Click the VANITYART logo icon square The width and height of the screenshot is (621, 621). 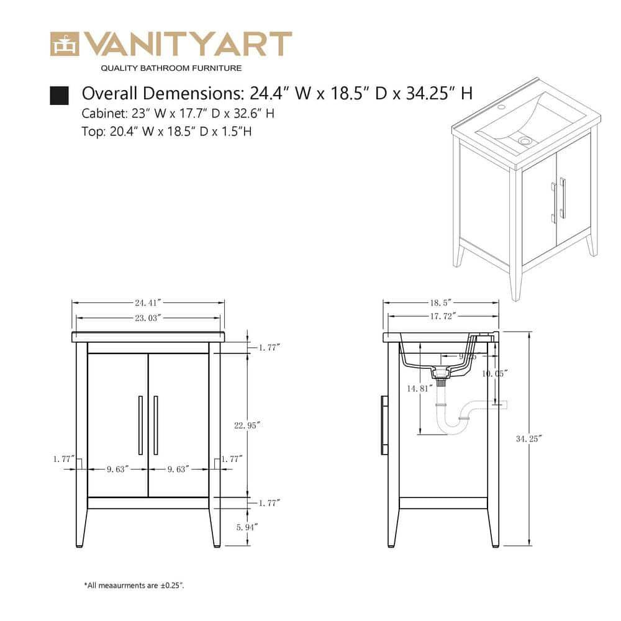pyautogui.click(x=65, y=43)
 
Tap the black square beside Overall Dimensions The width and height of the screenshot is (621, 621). pyautogui.click(x=59, y=95)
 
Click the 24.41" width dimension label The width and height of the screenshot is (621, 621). pyautogui.click(x=148, y=303)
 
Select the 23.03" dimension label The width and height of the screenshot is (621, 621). pyautogui.click(x=148, y=317)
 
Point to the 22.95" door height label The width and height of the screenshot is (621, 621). pyautogui.click(x=247, y=425)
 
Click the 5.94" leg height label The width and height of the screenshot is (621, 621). pyautogui.click(x=247, y=527)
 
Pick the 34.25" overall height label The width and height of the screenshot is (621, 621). pyautogui.click(x=529, y=438)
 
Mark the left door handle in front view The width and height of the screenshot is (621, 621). pyautogui.click(x=140, y=425)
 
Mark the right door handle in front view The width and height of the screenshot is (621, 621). pyautogui.click(x=155, y=425)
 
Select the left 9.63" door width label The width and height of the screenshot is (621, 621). pyautogui.click(x=117, y=469)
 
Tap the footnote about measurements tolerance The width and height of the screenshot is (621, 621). pyautogui.click(x=134, y=585)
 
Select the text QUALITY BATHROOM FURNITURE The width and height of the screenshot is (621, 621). pyautogui.click(x=171, y=68)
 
